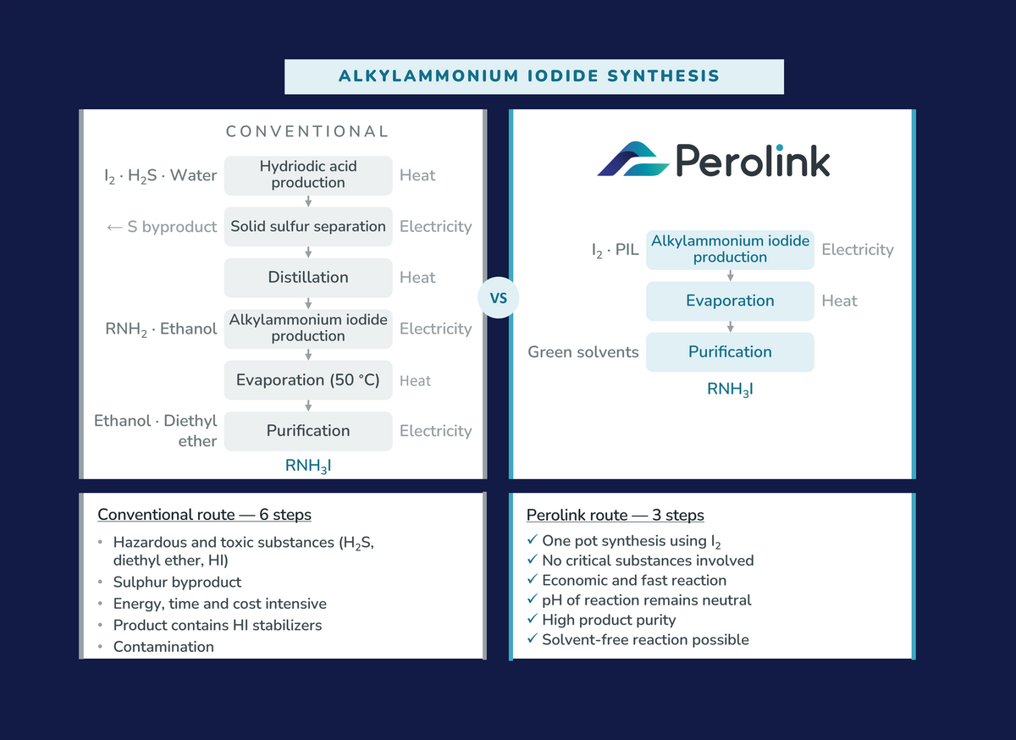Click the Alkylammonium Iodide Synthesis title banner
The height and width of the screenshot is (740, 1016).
coord(534,77)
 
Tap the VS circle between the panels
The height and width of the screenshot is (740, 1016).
coord(498,298)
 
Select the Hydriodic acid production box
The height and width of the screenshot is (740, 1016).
coord(308,175)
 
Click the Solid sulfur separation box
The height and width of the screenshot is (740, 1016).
coord(308,226)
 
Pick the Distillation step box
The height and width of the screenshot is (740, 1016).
coord(308,278)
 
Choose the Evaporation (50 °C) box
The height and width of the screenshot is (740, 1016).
coord(308,380)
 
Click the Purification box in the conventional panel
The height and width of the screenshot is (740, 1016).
coord(308,431)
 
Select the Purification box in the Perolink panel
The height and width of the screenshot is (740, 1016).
coord(730,352)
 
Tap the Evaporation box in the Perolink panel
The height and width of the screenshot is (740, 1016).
coord(730,301)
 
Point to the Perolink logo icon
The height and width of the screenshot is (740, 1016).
coord(632,159)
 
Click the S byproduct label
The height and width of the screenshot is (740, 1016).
coord(162,226)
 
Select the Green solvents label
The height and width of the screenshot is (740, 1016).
coord(583,352)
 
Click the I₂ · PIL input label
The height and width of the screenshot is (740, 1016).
coord(615,250)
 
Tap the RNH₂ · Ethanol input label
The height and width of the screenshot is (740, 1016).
coord(161,329)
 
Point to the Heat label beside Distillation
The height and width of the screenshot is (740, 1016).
coord(417,277)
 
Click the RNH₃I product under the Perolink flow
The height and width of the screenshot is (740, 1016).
coord(730,389)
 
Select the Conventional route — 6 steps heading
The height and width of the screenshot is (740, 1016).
coord(205,515)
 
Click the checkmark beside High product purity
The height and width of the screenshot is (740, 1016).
coord(533,618)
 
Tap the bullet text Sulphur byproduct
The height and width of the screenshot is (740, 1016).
coord(177,583)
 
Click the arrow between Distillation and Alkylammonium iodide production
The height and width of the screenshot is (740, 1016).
coord(308,303)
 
